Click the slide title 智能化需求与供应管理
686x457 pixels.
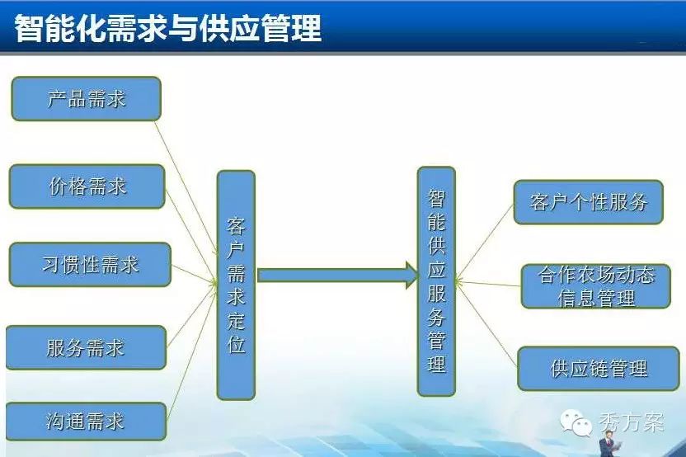168,28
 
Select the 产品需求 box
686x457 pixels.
87,98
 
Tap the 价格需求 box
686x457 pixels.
87,186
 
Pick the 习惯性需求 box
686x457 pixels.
90,265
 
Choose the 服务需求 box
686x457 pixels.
87,347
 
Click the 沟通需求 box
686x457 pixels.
87,421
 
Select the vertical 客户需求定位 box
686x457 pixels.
237,285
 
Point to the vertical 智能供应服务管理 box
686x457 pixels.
436,281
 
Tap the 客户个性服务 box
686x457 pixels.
589,202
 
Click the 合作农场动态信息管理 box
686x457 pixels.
596,286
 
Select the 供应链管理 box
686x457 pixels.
599,369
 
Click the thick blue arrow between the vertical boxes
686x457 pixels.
338,276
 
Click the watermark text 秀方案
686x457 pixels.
632,422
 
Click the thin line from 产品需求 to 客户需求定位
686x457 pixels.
186,187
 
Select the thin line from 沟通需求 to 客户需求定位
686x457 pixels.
192,351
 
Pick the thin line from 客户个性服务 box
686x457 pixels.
485,241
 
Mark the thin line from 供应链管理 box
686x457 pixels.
487,325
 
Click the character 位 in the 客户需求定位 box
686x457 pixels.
237,345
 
